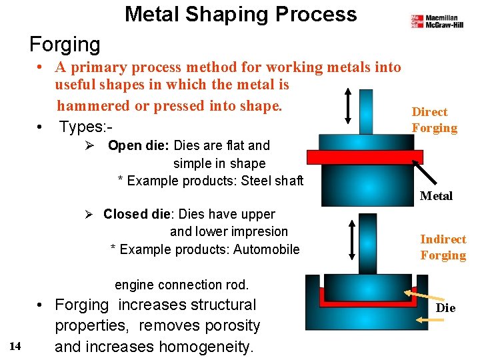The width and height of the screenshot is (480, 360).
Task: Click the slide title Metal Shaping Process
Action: pyautogui.click(x=241, y=14)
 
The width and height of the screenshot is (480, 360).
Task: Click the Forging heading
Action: pyautogui.click(x=65, y=45)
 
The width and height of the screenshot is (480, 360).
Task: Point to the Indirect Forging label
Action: pyautogui.click(x=443, y=247)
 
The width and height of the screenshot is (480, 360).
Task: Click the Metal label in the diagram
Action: pyautogui.click(x=436, y=196)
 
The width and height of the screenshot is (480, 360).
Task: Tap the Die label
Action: pyautogui.click(x=445, y=308)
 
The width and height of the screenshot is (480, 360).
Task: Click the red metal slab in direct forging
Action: pyautogui.click(x=365, y=157)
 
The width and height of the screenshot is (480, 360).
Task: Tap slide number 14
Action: pyautogui.click(x=16, y=345)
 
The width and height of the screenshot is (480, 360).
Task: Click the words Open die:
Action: pyautogui.click(x=139, y=145)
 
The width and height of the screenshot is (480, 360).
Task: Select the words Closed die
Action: pyautogui.click(x=134, y=214)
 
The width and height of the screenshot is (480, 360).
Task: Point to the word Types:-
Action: pyautogui.click(x=83, y=126)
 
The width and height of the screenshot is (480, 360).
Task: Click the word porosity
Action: pyautogui.click(x=233, y=326)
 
